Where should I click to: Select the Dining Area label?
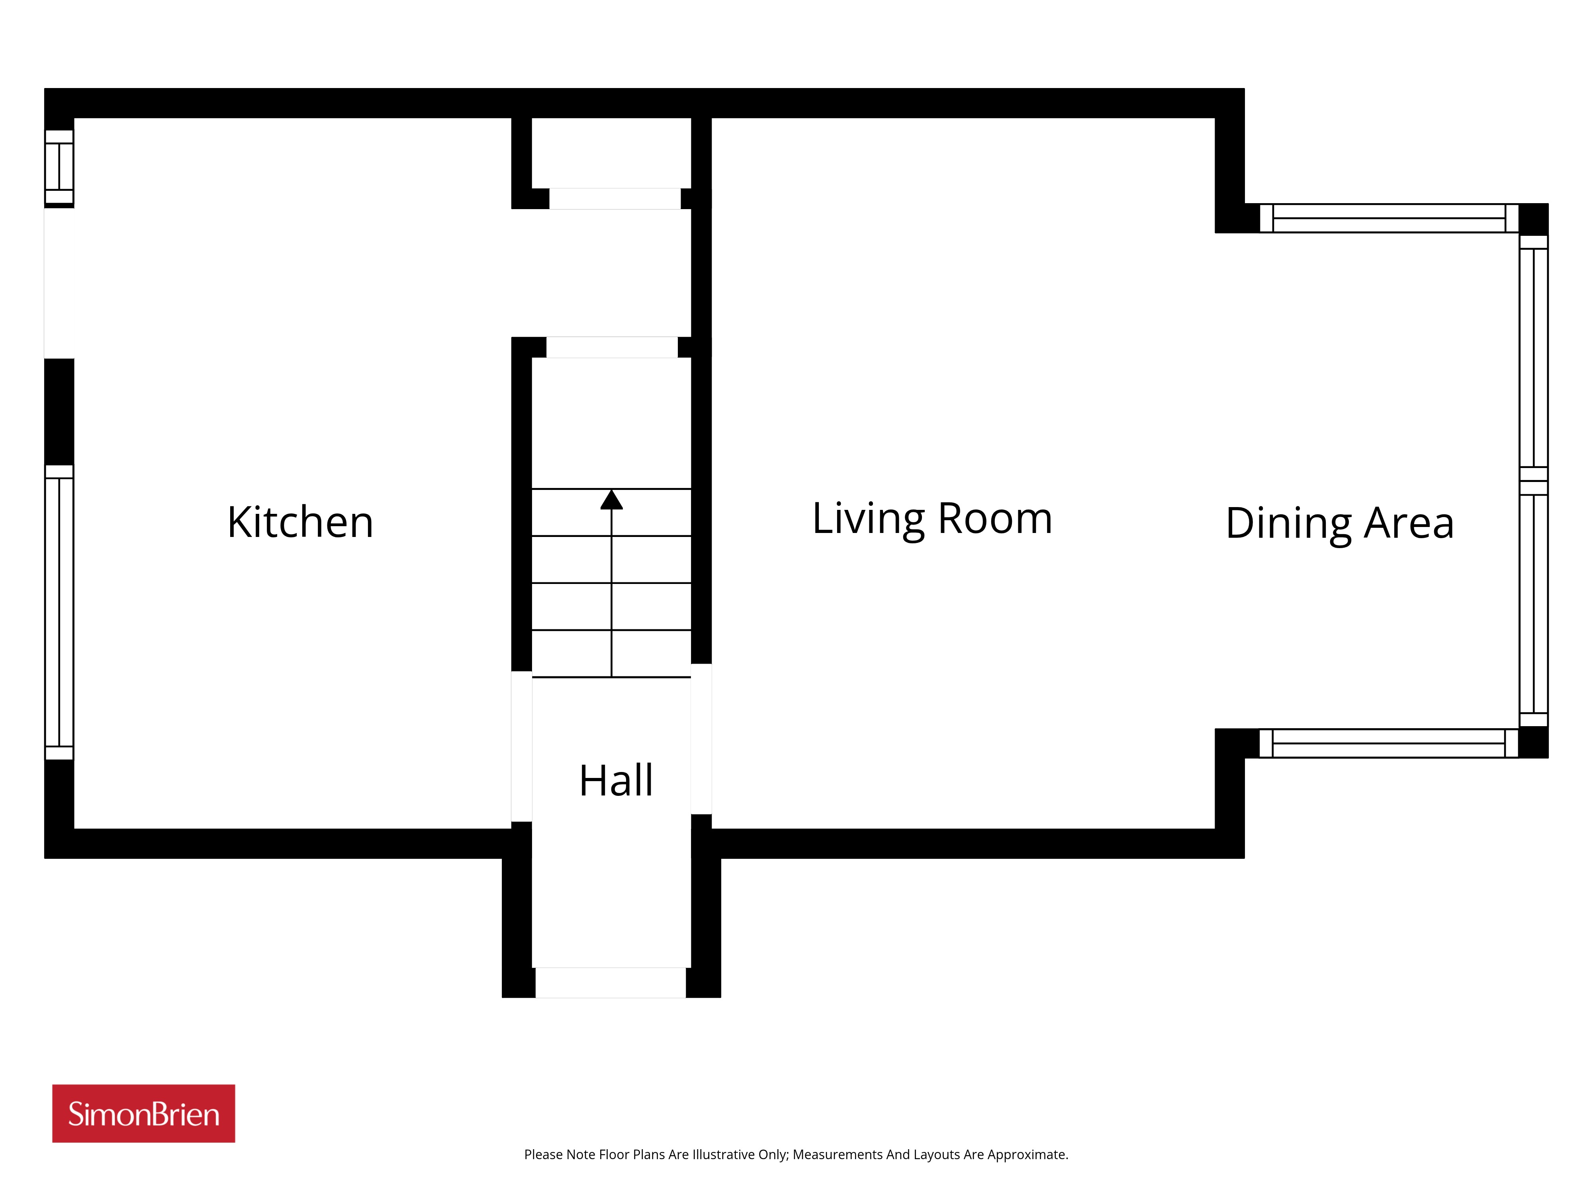pyautogui.click(x=1339, y=524)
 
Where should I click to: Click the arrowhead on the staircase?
pyautogui.click(x=611, y=499)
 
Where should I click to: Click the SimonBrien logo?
pyautogui.click(x=143, y=1114)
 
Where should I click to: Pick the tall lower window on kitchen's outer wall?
pyautogui.click(x=59, y=612)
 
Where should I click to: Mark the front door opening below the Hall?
pyautogui.click(x=611, y=983)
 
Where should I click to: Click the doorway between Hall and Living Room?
pyautogui.click(x=701, y=739)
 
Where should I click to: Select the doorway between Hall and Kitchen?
pyautogui.click(x=521, y=746)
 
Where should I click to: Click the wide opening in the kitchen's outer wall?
pyautogui.click(x=59, y=283)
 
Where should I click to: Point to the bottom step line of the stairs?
pyautogui.click(x=611, y=677)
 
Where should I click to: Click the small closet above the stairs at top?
pyautogui.click(x=611, y=153)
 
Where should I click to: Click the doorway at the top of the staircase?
pyautogui.click(x=612, y=347)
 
